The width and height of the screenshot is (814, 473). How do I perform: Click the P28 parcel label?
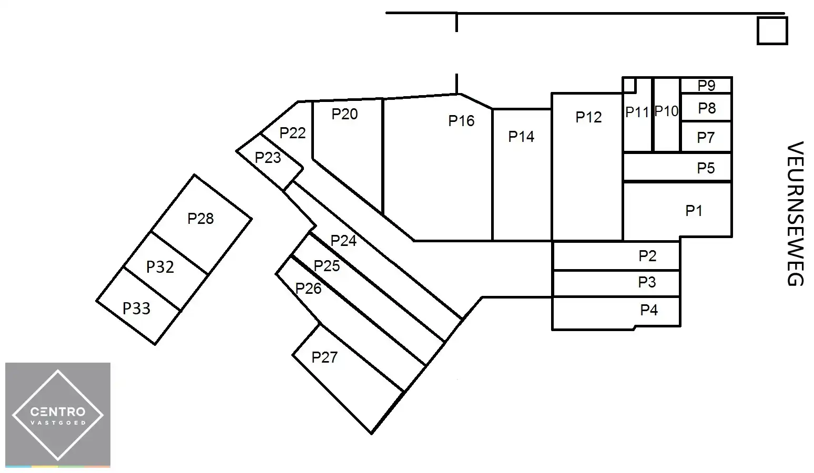click(200, 219)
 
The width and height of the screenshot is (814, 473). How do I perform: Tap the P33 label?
click(136, 309)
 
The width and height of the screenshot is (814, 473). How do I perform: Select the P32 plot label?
click(160, 267)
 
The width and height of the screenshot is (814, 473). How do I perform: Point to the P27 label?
click(324, 357)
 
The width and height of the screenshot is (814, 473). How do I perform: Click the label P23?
click(268, 158)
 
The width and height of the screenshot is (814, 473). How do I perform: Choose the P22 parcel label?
click(292, 133)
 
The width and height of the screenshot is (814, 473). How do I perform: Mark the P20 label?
click(344, 114)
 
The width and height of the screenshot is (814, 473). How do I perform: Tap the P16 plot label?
click(461, 121)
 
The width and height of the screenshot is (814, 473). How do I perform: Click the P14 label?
click(521, 137)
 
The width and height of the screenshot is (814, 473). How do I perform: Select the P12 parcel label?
click(588, 117)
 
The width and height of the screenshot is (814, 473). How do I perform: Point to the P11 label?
click(637, 112)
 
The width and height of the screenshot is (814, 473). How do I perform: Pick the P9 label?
click(706, 85)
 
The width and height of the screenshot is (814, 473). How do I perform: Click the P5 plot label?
click(706, 168)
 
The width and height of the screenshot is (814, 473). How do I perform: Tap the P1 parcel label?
click(694, 211)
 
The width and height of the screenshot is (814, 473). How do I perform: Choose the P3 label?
click(647, 282)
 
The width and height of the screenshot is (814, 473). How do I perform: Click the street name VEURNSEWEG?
click(795, 213)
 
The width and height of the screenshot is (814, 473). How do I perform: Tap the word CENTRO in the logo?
click(58, 412)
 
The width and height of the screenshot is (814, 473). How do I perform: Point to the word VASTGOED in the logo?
click(58, 423)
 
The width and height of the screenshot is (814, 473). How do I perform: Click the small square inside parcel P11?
click(629, 85)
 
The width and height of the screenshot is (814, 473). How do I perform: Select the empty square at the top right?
click(772, 30)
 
